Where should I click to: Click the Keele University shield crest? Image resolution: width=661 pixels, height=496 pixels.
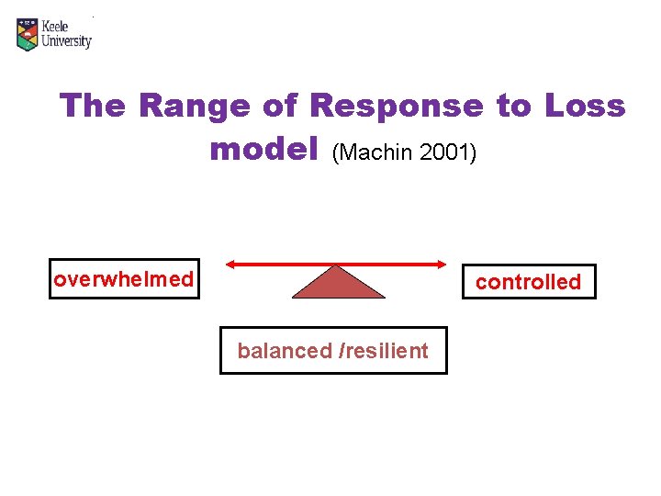pyautogui.click(x=28, y=34)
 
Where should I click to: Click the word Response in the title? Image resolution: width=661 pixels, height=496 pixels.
pyautogui.click(x=397, y=107)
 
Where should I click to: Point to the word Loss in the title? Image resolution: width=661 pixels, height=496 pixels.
pyautogui.click(x=585, y=107)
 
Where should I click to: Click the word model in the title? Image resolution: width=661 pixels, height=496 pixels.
pyautogui.click(x=263, y=149)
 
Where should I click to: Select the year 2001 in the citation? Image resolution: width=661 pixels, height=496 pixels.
pyautogui.click(x=446, y=152)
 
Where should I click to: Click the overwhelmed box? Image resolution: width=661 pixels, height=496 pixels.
pyautogui.click(x=124, y=279)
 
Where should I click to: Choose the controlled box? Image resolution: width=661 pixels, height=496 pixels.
pyautogui.click(x=528, y=282)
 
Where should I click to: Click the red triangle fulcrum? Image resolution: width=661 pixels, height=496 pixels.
pyautogui.click(x=338, y=285)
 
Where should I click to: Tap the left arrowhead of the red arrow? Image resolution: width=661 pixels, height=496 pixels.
pyautogui.click(x=231, y=265)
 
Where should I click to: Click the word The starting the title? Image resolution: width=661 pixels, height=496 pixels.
pyautogui.click(x=94, y=107)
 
